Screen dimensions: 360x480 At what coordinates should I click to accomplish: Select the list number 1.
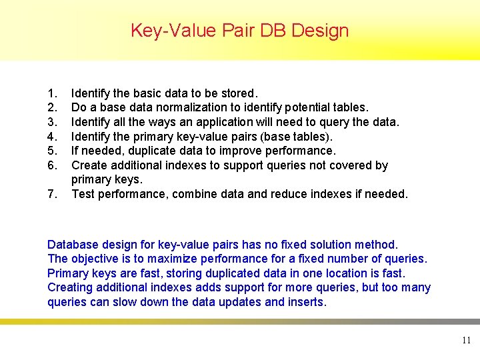pyautogui.click(x=52, y=93)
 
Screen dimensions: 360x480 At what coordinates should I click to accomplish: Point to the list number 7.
pyautogui.click(x=52, y=194)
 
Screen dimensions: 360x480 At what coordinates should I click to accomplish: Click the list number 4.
pyautogui.click(x=52, y=137)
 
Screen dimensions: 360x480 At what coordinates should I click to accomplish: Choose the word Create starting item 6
pyautogui.click(x=89, y=165)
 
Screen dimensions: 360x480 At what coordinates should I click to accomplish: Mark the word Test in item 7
pyautogui.click(x=83, y=194)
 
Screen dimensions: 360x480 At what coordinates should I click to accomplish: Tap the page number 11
pyautogui.click(x=466, y=341)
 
